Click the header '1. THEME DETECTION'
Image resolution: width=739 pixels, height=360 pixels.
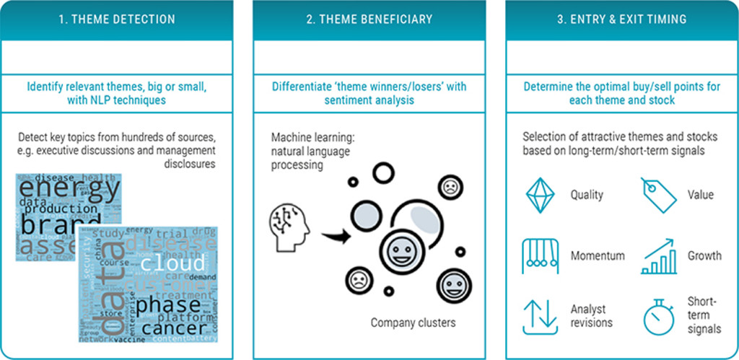(x=117, y=19)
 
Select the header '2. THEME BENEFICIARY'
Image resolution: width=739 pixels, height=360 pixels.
(x=369, y=19)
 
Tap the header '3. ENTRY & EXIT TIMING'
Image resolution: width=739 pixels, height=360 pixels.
(x=621, y=19)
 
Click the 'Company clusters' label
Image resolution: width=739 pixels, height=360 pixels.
(x=413, y=322)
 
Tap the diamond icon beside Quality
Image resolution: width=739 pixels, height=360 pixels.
(x=539, y=194)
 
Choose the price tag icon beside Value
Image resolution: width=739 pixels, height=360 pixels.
(x=658, y=194)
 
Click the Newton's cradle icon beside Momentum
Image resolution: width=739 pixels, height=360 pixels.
(x=540, y=255)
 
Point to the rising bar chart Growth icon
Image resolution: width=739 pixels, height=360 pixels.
(x=657, y=256)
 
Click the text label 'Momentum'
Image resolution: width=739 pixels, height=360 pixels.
(x=598, y=256)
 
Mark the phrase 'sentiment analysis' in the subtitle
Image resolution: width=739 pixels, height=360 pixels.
(x=369, y=100)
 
